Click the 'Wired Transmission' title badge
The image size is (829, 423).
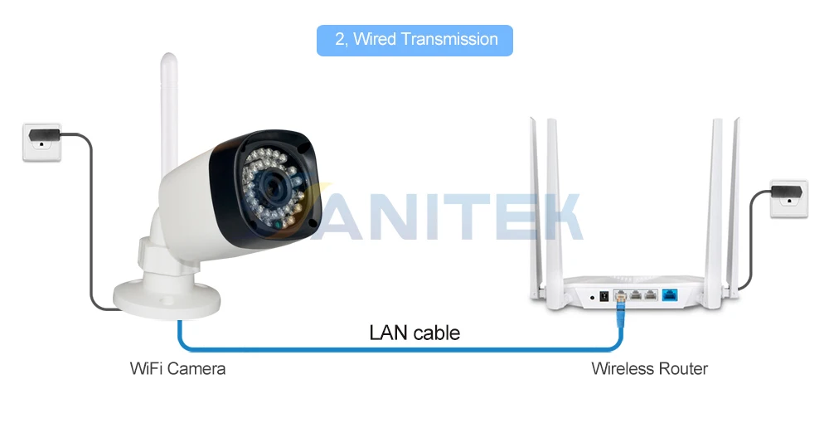[414, 40]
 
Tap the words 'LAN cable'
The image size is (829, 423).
[414, 333]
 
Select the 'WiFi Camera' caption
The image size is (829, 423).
[177, 368]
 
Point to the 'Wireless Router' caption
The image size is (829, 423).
[649, 368]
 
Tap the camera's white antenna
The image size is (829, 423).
[169, 114]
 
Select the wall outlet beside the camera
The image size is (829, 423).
[41, 142]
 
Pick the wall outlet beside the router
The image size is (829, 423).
[789, 198]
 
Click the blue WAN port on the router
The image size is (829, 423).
[670, 295]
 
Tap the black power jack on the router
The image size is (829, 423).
[604, 297]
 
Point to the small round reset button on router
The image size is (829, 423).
[592, 298]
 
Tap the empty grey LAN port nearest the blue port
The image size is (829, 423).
[650, 295]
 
